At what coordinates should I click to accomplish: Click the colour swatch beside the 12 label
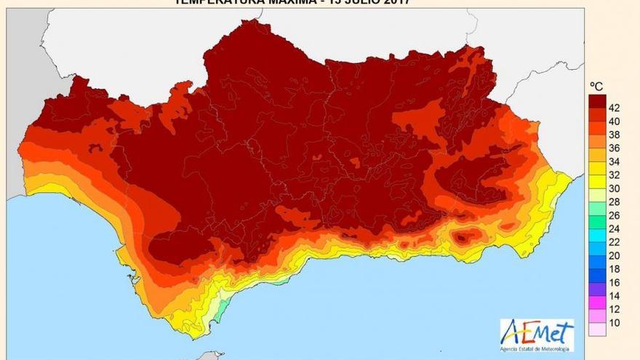click(x=598, y=316)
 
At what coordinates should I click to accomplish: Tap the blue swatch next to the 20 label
click(x=598, y=262)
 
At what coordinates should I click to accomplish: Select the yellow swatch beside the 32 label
click(x=598, y=181)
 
